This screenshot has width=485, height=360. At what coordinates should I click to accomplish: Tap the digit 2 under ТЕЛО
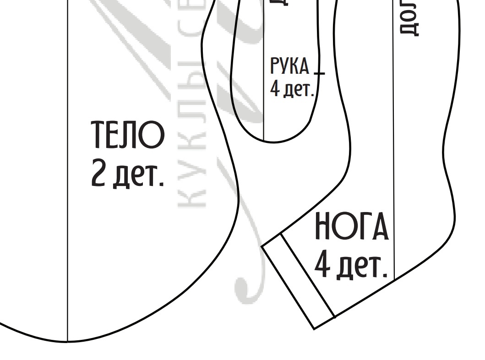99,172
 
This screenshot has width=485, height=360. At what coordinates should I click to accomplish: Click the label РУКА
290,67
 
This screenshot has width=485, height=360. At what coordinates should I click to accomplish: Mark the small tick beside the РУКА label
319,73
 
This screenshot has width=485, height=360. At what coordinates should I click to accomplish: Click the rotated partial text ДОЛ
409,18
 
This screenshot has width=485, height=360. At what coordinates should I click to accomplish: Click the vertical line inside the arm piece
264,105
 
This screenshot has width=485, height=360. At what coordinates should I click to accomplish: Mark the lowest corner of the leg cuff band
314,328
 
